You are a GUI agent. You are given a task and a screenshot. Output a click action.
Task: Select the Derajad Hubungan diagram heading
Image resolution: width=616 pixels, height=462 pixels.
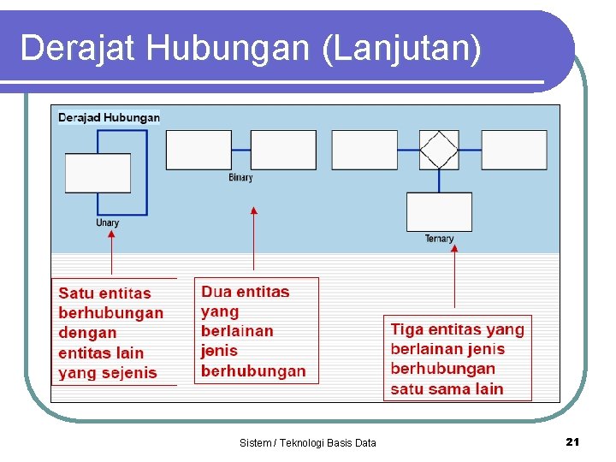tap(109, 117)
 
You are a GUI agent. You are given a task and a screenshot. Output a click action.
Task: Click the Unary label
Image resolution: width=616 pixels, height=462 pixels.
tap(108, 223)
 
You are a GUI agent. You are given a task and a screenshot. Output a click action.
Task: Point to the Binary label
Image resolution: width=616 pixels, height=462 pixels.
tap(240, 178)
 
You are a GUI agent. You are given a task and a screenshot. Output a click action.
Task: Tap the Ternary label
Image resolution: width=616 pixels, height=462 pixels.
tap(439, 239)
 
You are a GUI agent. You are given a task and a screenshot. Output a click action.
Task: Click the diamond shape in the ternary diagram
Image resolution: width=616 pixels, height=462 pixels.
tap(439, 150)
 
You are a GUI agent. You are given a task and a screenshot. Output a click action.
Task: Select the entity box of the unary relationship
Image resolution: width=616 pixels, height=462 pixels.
tap(98, 173)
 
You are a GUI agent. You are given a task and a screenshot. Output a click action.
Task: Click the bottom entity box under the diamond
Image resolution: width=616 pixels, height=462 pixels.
tap(439, 211)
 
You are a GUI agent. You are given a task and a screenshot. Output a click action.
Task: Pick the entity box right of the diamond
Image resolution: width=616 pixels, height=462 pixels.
tap(514, 150)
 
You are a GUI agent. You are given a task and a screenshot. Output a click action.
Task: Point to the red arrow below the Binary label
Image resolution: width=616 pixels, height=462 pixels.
tap(253, 240)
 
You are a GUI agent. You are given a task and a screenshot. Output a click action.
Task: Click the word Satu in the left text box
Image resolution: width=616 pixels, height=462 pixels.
tap(75, 293)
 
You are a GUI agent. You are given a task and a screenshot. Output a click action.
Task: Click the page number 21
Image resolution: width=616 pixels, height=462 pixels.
tap(573, 441)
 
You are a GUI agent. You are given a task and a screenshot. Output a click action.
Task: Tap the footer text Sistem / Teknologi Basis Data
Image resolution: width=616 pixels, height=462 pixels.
tap(308, 442)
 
